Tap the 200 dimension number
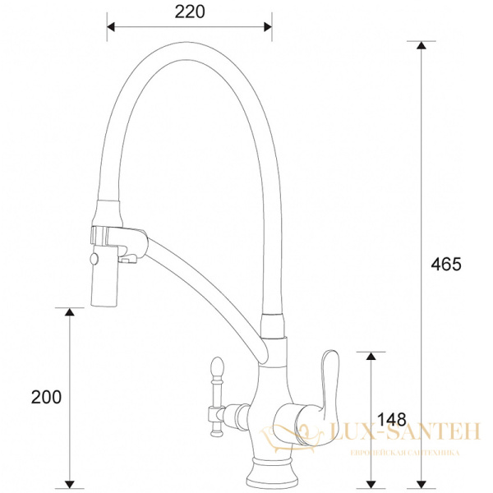[46, 397]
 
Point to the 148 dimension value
[393, 420]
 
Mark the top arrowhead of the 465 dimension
[421, 46]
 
